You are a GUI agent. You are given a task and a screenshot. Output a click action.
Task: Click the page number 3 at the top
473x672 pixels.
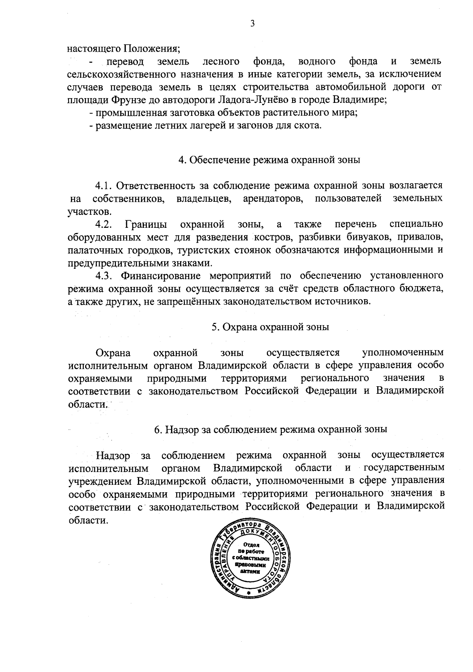pos(252,24)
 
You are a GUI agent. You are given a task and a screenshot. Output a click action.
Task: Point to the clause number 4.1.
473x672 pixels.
pos(104,185)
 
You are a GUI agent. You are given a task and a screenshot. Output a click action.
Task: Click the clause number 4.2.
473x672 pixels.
pos(104,224)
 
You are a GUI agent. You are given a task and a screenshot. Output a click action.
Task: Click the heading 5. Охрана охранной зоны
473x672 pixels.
pos(270,327)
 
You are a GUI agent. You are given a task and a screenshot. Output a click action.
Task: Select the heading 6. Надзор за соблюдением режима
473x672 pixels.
pos(270,430)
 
